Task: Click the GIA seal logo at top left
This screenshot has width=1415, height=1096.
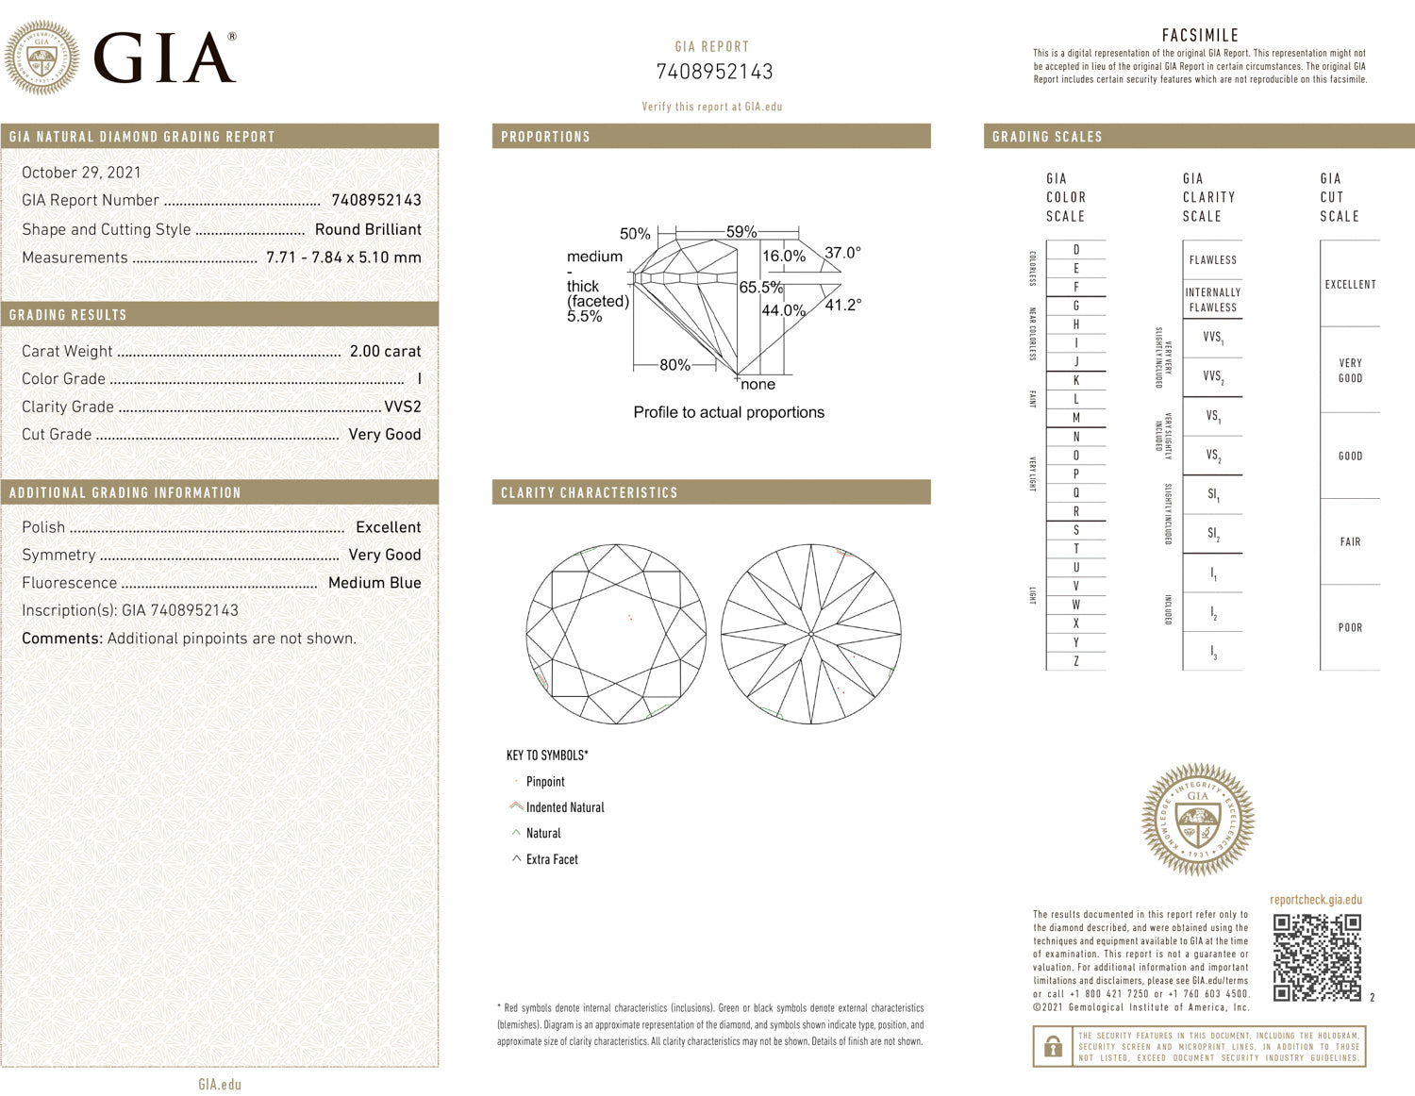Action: tap(42, 58)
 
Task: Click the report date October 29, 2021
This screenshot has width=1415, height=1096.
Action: tap(81, 173)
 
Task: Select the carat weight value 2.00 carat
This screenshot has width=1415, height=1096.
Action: tap(385, 351)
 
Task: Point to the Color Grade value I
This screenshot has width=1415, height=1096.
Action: tap(419, 379)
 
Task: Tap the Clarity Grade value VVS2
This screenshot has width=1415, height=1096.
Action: tap(403, 407)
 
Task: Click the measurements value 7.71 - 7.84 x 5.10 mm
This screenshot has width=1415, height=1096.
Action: tap(343, 257)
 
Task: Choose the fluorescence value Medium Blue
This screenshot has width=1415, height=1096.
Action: tap(375, 583)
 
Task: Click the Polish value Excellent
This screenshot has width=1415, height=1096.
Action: tap(388, 527)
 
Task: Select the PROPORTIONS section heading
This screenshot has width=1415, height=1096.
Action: tap(545, 137)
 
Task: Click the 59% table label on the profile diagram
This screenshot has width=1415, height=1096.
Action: tap(741, 232)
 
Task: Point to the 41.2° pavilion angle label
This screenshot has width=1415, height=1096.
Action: tap(842, 305)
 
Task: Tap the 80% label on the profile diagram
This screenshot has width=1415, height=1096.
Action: tap(674, 365)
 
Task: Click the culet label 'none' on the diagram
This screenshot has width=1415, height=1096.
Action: tap(757, 385)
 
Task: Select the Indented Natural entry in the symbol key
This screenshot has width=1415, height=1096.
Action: tap(564, 807)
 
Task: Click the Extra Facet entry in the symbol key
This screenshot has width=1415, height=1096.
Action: tap(552, 859)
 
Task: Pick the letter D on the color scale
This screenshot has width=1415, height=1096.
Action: tap(1076, 250)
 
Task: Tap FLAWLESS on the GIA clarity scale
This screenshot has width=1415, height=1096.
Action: tap(1212, 260)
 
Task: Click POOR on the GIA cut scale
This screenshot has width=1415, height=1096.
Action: tap(1350, 628)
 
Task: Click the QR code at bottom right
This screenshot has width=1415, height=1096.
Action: tap(1317, 957)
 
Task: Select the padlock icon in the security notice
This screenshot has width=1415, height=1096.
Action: tap(1052, 1047)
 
